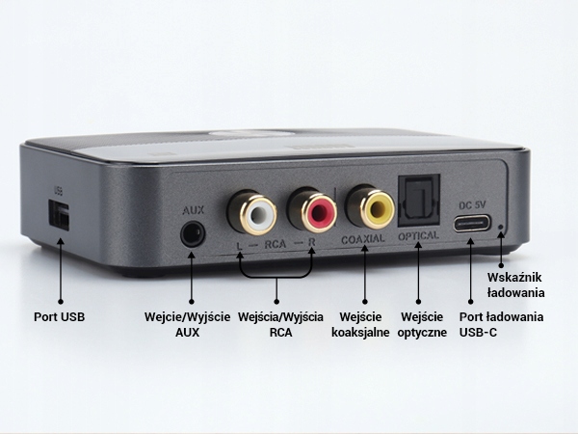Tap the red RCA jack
click(x=309, y=209)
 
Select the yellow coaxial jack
click(x=370, y=204)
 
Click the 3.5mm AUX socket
click(x=193, y=234)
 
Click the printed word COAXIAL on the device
click(x=363, y=238)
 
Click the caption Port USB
click(x=59, y=316)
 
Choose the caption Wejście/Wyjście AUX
click(x=187, y=325)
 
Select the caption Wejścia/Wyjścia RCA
click(x=279, y=325)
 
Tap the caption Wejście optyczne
click(x=422, y=325)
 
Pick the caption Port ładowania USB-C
click(x=501, y=325)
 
